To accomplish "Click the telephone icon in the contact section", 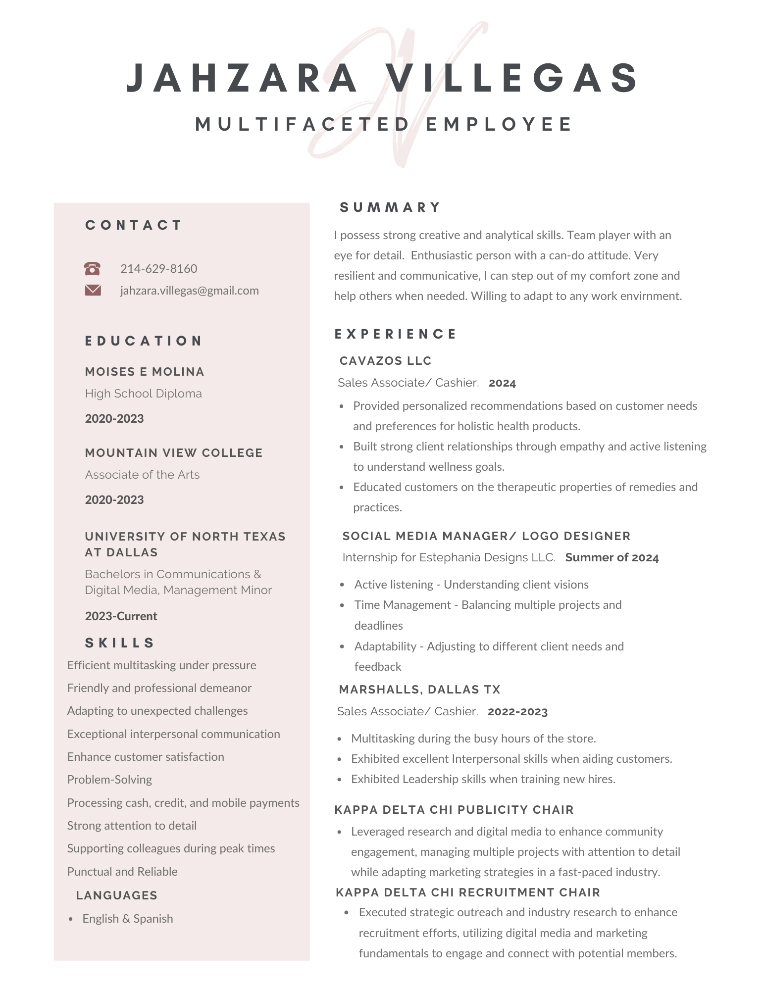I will [93, 269].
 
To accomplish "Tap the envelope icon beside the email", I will [93, 290].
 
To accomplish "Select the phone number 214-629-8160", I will [158, 269].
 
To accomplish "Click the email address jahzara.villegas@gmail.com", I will [189, 291].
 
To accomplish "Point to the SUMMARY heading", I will [390, 207].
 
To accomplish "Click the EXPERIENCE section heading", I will [395, 334].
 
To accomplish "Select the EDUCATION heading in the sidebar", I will [144, 341].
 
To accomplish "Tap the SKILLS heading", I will [120, 643].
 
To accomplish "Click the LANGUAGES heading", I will [116, 895].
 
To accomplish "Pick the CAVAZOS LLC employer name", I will [385, 361].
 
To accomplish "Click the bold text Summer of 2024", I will [612, 558].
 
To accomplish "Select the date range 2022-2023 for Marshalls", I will [517, 712].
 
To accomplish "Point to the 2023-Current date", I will [121, 616].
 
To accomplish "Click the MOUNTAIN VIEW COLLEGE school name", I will [173, 453].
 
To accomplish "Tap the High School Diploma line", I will [143, 394].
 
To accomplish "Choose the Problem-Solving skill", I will [109, 780].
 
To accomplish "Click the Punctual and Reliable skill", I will [122, 872].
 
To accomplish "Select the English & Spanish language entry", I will [128, 919].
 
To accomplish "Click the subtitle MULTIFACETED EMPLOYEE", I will [384, 124].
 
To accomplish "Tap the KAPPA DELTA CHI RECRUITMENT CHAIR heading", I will [467, 892].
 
